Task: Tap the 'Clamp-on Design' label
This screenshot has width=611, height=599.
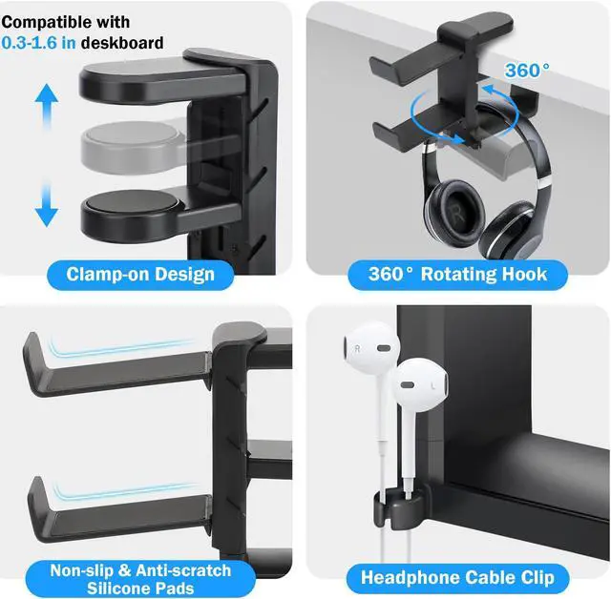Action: tap(140, 275)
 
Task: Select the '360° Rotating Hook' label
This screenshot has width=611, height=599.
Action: tap(458, 275)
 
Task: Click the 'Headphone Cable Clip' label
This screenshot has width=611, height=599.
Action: tap(457, 577)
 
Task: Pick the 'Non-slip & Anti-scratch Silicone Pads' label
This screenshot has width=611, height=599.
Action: tap(141, 578)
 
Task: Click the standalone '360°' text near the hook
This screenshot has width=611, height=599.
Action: tap(527, 71)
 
